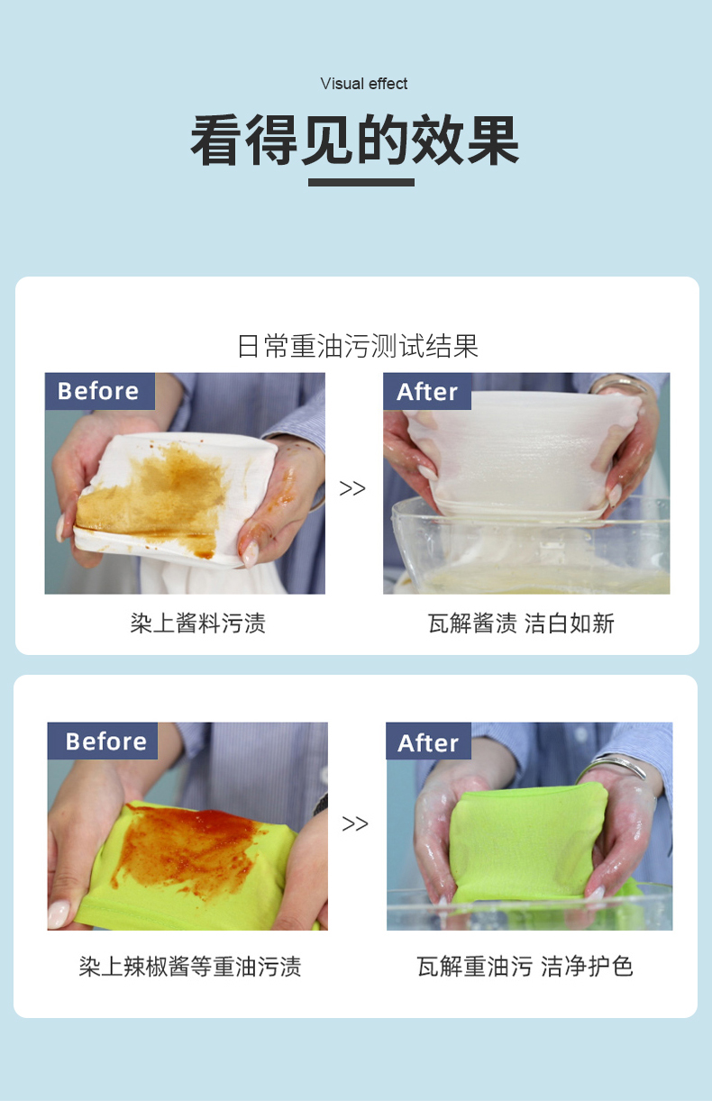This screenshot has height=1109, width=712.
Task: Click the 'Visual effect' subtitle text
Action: pyautogui.click(x=363, y=84)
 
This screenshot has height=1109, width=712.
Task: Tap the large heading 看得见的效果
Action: pyautogui.click(x=355, y=141)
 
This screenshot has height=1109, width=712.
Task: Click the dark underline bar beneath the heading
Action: pyautogui.click(x=361, y=182)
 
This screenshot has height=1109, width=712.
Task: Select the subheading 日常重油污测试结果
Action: pyautogui.click(x=358, y=346)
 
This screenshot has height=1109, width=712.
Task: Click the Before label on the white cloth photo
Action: pyautogui.click(x=99, y=391)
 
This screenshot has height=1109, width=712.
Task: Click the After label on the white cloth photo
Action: pyautogui.click(x=427, y=391)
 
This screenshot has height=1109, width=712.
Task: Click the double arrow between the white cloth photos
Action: pyautogui.click(x=352, y=488)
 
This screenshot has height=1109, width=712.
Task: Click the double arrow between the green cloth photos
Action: pyautogui.click(x=354, y=823)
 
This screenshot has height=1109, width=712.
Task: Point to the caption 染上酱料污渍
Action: pyautogui.click(x=197, y=623)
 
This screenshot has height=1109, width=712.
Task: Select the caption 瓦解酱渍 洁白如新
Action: pyautogui.click(x=521, y=623)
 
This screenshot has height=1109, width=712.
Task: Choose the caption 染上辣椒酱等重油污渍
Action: pyautogui.click(x=190, y=967)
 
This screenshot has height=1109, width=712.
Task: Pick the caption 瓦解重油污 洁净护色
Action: pyautogui.click(x=525, y=967)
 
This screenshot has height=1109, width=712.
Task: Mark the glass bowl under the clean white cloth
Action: pyautogui.click(x=530, y=550)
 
